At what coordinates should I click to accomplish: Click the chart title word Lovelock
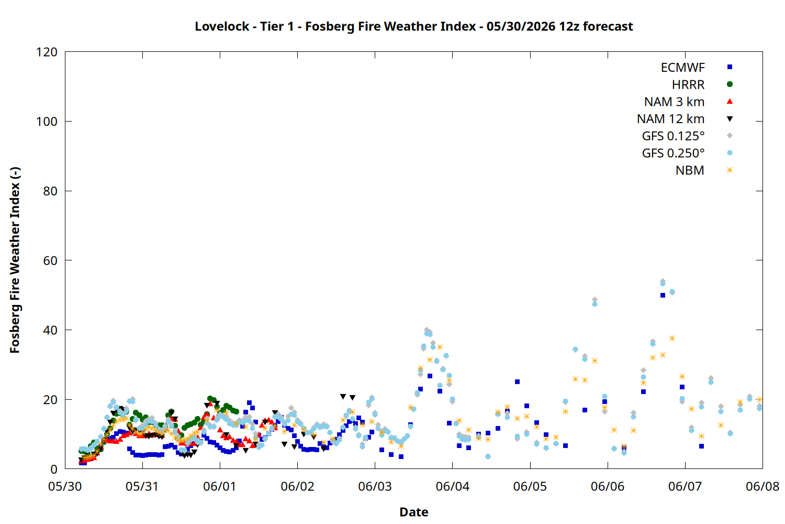[x=222, y=26]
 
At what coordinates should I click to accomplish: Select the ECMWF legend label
[x=682, y=68]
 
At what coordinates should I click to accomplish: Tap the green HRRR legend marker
[x=730, y=84]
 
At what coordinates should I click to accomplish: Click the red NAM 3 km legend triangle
[x=730, y=102]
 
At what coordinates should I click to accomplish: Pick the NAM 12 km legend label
[x=670, y=119]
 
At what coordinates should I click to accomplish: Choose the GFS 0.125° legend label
[x=673, y=136]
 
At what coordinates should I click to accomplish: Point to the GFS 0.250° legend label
[x=673, y=153]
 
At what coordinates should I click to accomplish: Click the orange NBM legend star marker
[x=730, y=170]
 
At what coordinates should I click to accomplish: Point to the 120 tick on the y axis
[x=47, y=52]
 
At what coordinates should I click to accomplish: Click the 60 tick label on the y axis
[x=50, y=260]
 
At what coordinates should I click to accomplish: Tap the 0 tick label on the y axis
[x=54, y=469]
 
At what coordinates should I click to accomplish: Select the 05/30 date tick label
[x=65, y=486]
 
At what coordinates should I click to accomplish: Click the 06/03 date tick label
[x=375, y=486]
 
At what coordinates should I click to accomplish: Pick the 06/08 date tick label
[x=762, y=486]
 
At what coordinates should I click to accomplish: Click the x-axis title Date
[x=414, y=512]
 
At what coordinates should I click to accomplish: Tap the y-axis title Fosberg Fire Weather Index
[x=15, y=260]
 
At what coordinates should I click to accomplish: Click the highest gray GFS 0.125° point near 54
[x=663, y=281]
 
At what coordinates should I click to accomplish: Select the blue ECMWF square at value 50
[x=663, y=295]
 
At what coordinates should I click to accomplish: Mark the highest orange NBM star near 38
[x=672, y=339]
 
